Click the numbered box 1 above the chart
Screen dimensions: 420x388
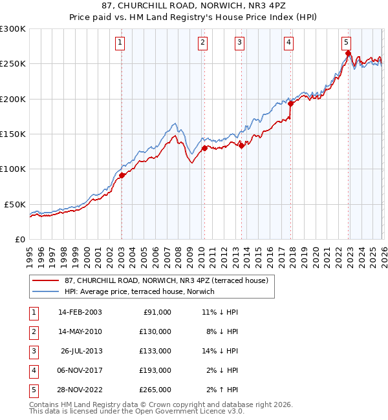click(121, 43)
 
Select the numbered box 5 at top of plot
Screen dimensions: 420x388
click(346, 43)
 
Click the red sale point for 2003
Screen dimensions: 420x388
click(122, 175)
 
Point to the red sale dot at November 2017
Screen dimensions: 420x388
click(291, 103)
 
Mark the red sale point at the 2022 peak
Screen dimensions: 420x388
click(348, 54)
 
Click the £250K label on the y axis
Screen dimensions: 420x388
click(13, 64)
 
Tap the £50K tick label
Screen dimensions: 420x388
click(15, 204)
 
